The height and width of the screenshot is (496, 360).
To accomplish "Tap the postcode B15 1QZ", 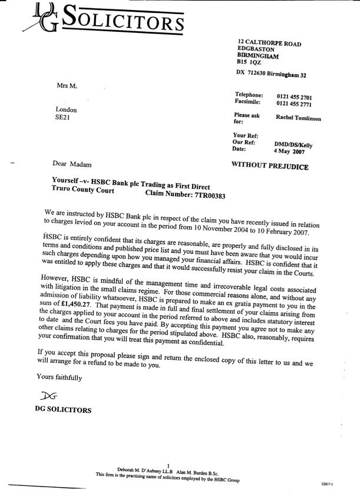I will point(249,61).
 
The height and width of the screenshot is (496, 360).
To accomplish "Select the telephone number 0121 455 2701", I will point(294,97).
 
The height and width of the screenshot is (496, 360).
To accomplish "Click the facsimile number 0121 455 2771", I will point(294,104).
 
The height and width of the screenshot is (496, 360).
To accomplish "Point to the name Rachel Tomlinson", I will point(298,118).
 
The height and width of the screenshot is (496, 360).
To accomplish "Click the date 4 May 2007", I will point(290,151).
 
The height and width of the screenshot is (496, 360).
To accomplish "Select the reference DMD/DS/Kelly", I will point(293,144).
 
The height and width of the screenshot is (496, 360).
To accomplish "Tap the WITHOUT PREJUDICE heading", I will point(270,167).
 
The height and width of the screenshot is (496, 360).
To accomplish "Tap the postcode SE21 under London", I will point(63,117).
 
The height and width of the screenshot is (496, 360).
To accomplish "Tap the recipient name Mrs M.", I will point(67,86).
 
